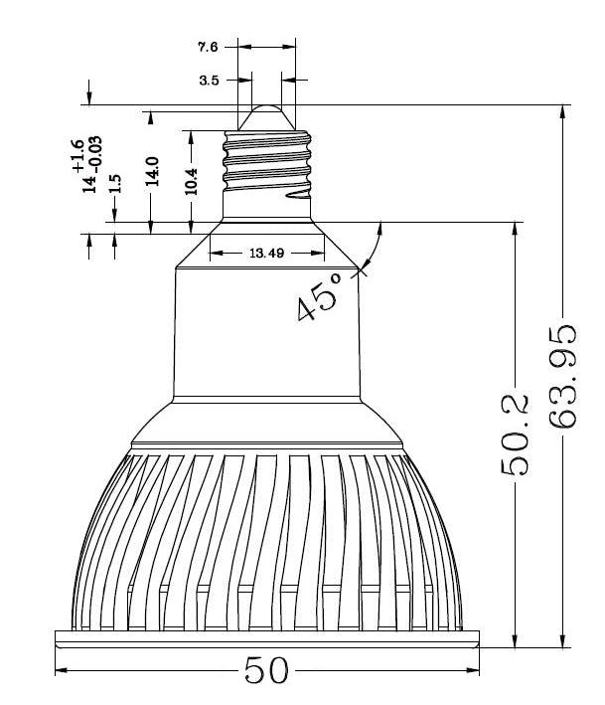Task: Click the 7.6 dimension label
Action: (208, 47)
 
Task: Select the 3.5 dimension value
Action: (209, 81)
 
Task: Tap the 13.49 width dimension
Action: (267, 254)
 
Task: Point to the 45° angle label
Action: (319, 296)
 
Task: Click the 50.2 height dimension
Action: (516, 435)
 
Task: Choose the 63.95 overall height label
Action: (562, 376)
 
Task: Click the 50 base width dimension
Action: (266, 670)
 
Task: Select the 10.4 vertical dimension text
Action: (192, 181)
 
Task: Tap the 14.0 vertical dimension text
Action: (151, 171)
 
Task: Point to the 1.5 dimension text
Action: (115, 183)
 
